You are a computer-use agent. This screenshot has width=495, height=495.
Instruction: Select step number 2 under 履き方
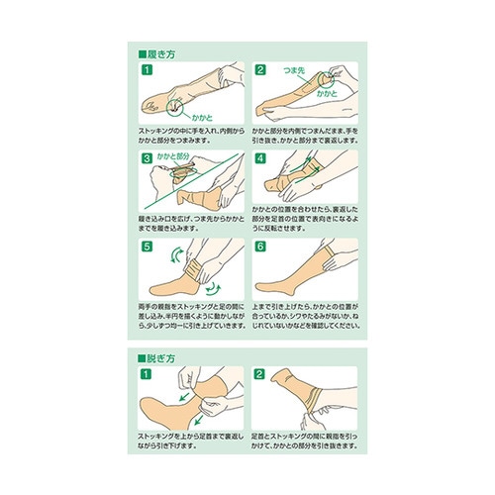(260, 71)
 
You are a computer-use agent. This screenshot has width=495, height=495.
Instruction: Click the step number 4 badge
(260, 156)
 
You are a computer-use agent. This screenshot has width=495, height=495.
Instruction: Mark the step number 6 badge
(260, 246)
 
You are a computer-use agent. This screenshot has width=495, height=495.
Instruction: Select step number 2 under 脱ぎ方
(260, 374)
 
